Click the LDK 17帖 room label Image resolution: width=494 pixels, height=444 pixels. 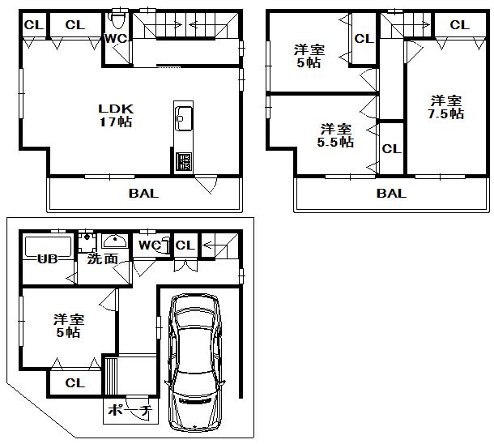tap(115, 115)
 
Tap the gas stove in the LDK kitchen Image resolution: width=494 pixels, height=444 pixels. tap(182, 162)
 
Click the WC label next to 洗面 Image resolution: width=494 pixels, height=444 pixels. tap(149, 245)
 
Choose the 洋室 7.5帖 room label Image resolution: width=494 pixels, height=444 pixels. tap(446, 107)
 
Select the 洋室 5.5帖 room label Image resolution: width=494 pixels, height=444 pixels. tap(335, 134)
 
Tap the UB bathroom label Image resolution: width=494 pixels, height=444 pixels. tap(46, 260)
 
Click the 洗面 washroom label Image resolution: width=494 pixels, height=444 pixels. tap(103, 259)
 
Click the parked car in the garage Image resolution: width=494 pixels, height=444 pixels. tap(194, 361)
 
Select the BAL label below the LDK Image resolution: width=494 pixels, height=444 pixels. tap(143, 194)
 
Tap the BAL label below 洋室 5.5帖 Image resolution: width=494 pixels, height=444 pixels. tap(390, 194)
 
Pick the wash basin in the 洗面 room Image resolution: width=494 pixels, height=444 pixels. tap(114, 241)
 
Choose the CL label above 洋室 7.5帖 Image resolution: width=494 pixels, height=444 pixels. tap(458, 25)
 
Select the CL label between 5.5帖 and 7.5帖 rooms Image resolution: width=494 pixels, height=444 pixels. tap(391, 149)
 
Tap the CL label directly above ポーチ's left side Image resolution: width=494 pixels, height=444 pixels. tap(75, 383)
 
